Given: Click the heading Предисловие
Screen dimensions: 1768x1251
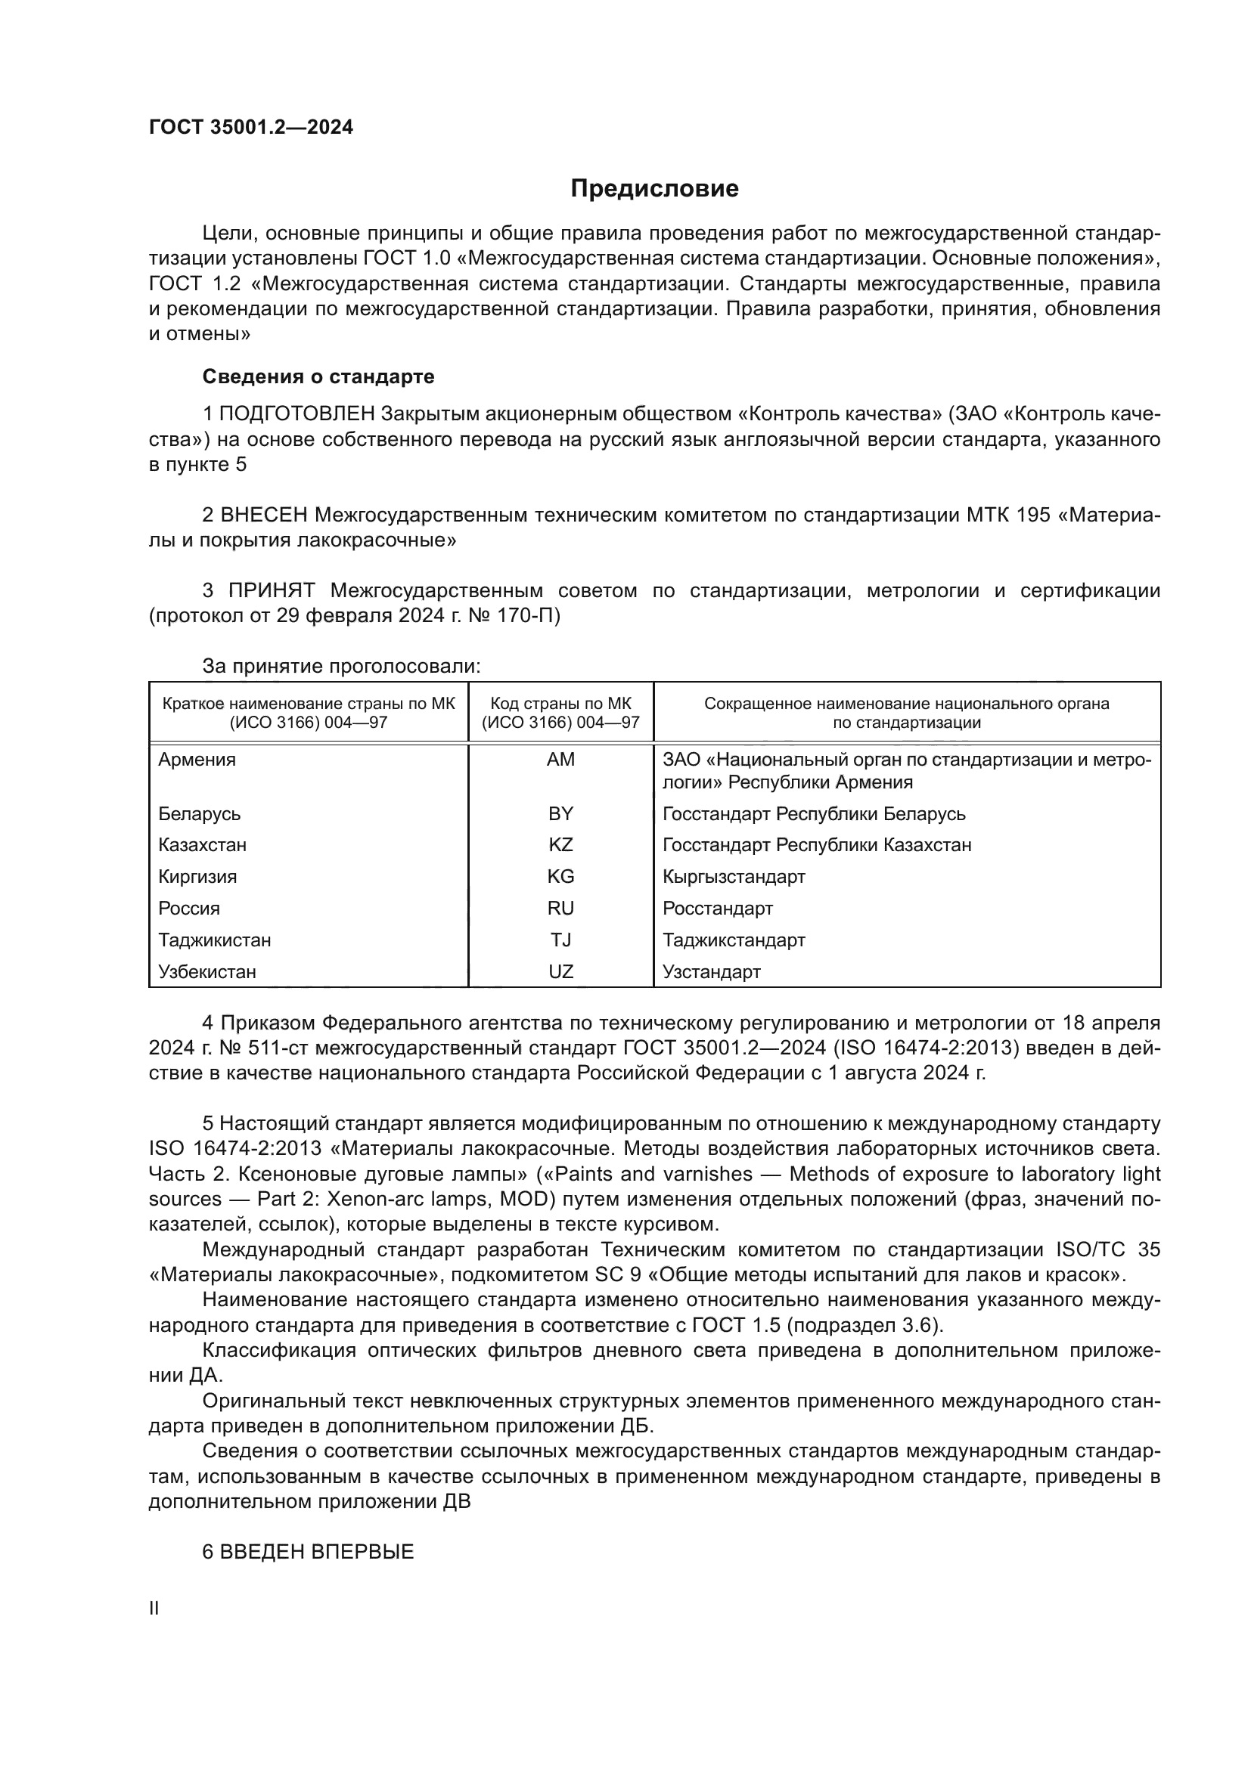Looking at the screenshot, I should pos(654,189).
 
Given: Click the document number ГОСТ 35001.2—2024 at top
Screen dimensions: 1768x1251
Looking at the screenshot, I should pos(251,128).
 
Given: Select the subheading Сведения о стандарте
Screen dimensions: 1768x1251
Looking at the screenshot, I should pos(318,376).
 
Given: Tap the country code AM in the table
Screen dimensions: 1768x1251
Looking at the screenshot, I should pos(560,760).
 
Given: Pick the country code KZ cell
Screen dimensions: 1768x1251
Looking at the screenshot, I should pos(560,845).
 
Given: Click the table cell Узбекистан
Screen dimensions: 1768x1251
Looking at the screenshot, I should pos(207,972).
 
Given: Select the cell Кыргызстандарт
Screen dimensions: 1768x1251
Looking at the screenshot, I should pos(734,876).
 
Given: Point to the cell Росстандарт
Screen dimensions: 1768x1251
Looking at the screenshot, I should pos(717,909).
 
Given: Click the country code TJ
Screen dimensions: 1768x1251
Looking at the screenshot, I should pos(560,940).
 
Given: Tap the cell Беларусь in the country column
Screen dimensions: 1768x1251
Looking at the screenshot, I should pos(200,814).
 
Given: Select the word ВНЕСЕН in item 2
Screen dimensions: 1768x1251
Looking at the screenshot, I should pos(263,515).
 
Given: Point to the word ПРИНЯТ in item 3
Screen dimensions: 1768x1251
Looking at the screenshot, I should pos(272,590).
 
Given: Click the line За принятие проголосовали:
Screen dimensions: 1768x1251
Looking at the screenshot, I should pos(341,666).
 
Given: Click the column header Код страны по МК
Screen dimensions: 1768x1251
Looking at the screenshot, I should pos(560,703).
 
